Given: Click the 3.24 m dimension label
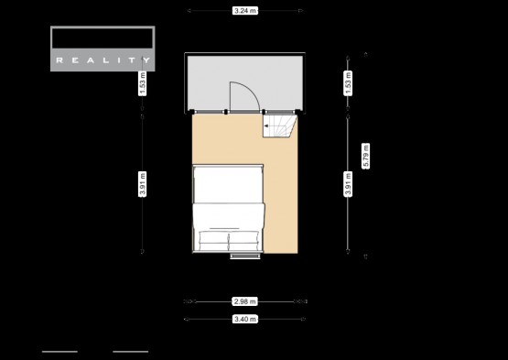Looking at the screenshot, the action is [245, 11].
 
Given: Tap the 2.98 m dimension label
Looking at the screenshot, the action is [245, 301].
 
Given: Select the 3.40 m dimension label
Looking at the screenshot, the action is [245, 319].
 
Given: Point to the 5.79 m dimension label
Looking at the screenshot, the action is [366, 156].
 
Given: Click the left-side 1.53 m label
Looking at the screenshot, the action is [142, 83].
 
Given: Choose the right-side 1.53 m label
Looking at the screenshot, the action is [348, 83].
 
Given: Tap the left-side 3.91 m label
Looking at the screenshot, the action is [142, 184].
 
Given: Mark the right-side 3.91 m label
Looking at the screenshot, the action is [348, 184].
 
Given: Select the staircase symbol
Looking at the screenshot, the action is [279, 126].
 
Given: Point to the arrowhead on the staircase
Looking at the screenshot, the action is [266, 126].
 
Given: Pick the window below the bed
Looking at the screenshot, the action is [245, 256].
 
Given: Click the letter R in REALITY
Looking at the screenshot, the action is [59, 60].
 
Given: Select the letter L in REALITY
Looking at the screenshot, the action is [104, 60].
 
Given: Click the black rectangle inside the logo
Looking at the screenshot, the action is [103, 38].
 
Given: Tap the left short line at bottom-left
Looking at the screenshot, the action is [59, 352].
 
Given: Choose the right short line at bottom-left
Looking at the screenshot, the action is [131, 352].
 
